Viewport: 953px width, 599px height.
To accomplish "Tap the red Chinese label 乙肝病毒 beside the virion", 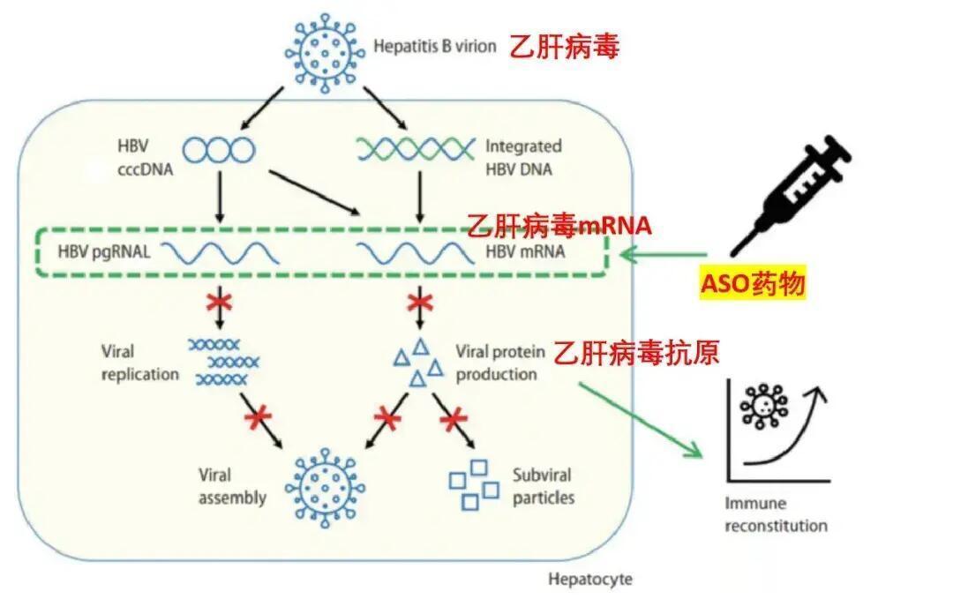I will point(563,47).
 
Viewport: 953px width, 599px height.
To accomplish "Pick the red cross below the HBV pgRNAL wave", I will point(218,303).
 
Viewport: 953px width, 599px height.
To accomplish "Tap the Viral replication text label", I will point(139,363).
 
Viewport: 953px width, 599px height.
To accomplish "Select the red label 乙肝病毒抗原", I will point(636,353).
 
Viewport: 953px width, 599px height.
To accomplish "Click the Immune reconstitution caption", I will point(776,515).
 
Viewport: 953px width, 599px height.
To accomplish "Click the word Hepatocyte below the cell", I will point(590,580).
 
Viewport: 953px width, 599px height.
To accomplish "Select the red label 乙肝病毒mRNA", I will point(559,226).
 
